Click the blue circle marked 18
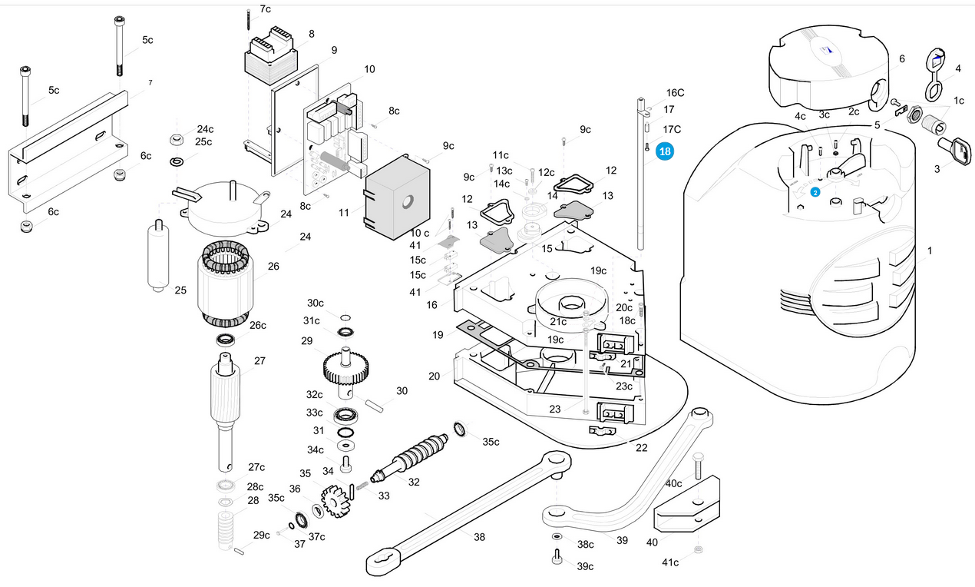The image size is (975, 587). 665,151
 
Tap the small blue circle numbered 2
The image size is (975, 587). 815,192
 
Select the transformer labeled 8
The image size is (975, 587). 272,56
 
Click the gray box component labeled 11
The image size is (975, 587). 397,197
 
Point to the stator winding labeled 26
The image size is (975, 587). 225,284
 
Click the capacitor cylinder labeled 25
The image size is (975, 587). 158,256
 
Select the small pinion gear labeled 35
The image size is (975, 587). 336,501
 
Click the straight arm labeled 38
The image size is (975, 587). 468,514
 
